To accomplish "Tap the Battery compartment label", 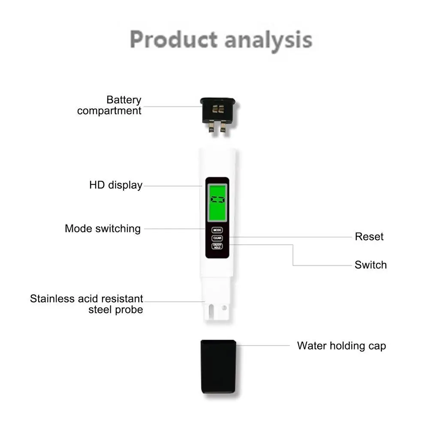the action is [109, 105].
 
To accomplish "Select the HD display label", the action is [116, 185].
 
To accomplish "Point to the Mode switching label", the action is [102, 229].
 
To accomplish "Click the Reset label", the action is [369, 237].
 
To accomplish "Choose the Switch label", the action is [370, 265].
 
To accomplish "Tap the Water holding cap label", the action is [341, 346].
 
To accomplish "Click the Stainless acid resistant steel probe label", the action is [87, 304].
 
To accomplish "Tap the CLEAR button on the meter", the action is [217, 238].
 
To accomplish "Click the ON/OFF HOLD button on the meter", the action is [217, 247].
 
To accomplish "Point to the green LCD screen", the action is [217, 199].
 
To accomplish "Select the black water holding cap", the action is [218, 367].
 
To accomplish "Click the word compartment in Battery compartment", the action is [109, 111].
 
